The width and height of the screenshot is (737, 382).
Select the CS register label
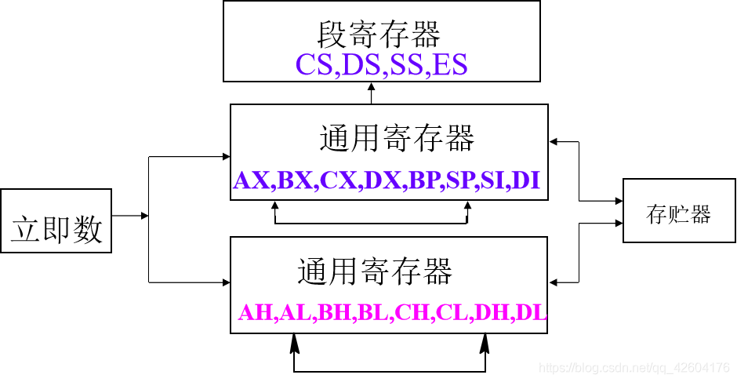click(x=314, y=64)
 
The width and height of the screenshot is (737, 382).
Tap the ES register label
click(x=449, y=64)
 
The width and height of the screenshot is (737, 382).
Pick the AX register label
click(x=252, y=180)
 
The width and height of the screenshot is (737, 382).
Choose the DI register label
click(x=526, y=180)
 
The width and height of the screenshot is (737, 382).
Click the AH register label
click(x=256, y=313)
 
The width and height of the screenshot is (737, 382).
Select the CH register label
click(x=412, y=313)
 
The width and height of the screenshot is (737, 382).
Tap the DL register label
click(x=532, y=313)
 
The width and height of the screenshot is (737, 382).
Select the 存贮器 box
click(x=678, y=211)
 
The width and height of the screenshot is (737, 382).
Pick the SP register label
click(x=462, y=180)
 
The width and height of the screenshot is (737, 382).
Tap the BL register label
click(x=373, y=313)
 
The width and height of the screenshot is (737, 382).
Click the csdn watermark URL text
click(x=636, y=368)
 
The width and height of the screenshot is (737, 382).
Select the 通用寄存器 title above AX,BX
click(x=397, y=140)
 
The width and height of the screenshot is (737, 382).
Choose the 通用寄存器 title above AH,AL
click(x=375, y=272)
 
